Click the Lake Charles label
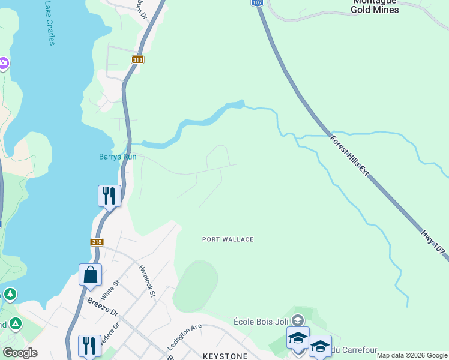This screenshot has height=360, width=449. pos(49,23)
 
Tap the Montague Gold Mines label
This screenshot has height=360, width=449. pos(375,5)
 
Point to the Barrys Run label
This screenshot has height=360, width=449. pos(118,157)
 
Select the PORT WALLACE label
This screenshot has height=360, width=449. pos(228,239)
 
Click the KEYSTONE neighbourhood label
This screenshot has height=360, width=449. pos(225,356)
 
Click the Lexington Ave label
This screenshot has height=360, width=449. pos(184,337)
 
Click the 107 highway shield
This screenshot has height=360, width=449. pos(257,3)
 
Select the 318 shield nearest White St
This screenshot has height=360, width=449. pos(97,242)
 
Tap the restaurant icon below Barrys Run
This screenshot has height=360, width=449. pos(109,196)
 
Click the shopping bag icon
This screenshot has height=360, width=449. pos(90,275)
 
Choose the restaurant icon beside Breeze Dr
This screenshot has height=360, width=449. pos(89,346)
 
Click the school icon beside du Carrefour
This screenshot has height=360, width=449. pos(320,346)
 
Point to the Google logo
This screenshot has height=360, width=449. pos(19,353)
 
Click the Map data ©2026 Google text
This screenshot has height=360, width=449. pos(412,355)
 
